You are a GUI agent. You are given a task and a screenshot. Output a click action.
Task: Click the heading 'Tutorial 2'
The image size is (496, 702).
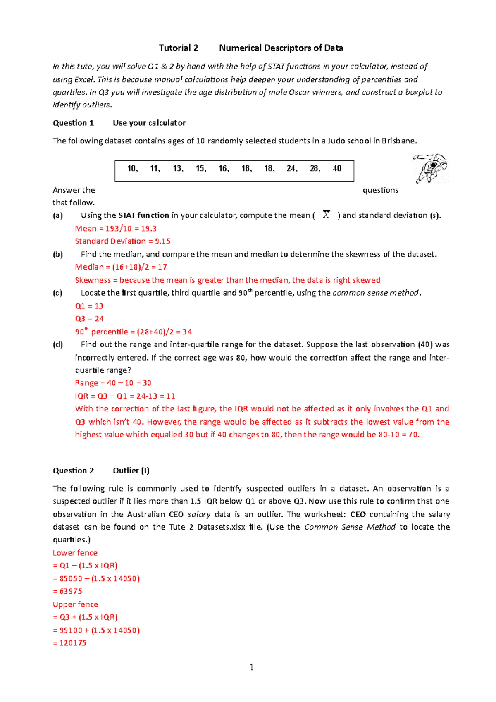tap(179, 48)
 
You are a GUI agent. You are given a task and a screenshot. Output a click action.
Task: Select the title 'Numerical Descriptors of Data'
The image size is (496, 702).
tap(281, 48)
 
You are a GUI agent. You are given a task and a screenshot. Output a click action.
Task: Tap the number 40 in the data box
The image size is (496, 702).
tap(337, 168)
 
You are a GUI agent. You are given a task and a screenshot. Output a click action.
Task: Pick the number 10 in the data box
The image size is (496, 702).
tap(132, 168)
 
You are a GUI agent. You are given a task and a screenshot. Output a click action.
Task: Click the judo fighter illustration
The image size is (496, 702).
tap(431, 168)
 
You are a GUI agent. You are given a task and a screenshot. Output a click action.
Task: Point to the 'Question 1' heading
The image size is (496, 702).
tap(73, 123)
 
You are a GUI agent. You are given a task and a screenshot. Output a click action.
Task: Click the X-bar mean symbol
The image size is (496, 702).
tap(326, 215)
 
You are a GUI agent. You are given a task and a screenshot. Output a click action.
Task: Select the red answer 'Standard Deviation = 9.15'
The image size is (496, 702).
tap(122, 241)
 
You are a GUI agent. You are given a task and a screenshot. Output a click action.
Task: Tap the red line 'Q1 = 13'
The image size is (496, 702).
tap(89, 306)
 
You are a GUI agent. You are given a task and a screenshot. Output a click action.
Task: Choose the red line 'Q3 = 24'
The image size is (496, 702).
tap(89, 319)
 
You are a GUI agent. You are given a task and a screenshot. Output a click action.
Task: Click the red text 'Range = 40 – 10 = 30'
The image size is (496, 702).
tap(113, 383)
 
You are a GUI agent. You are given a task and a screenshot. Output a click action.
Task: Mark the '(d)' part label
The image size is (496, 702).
tap(58, 344)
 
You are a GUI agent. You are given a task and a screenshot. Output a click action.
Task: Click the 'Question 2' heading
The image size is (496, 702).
tap(73, 470)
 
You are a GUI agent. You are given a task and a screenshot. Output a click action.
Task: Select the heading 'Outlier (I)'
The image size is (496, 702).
tap(131, 470)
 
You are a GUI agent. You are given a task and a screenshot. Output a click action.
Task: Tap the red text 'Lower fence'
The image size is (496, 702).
tap(75, 553)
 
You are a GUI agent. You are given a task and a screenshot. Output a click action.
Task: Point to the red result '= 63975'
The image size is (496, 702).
tap(67, 591)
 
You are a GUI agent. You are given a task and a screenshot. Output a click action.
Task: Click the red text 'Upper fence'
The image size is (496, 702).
tap(75, 604)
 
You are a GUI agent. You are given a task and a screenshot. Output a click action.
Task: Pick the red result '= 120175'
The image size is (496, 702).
tap(69, 643)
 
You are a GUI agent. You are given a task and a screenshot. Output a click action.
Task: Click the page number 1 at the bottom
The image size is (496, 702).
tap(251, 667)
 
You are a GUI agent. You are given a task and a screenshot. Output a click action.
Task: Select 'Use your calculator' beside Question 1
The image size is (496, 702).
tap(149, 123)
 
